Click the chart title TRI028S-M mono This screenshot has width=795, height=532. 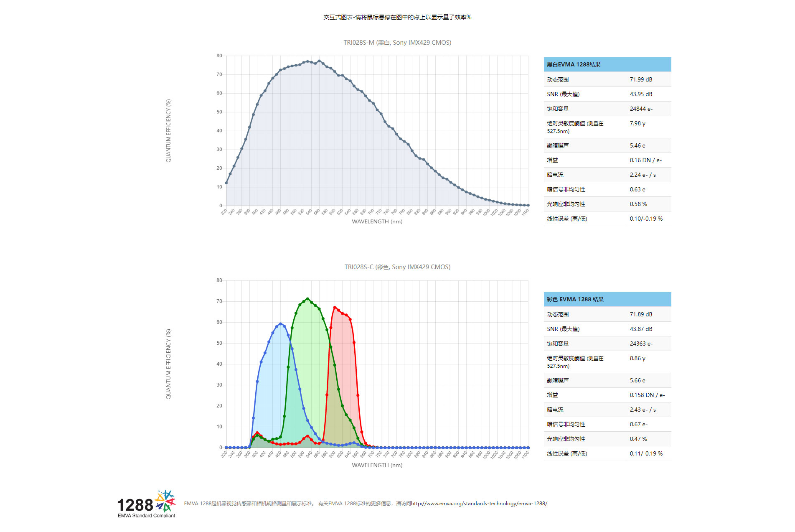[397, 43]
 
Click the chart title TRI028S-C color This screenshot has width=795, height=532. [397, 267]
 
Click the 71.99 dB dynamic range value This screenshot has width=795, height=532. [641, 79]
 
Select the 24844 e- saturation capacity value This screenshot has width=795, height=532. [641, 109]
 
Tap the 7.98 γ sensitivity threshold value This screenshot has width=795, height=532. [638, 123]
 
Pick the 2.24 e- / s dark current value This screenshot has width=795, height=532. [643, 175]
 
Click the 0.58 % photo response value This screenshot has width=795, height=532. [638, 204]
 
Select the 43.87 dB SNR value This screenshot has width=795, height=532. [641, 329]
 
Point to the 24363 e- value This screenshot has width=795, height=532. [641, 344]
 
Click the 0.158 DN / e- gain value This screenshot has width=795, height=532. [647, 395]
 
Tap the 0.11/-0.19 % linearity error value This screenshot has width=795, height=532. [646, 453]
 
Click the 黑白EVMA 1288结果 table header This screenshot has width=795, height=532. [574, 64]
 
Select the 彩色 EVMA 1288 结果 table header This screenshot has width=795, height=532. [575, 299]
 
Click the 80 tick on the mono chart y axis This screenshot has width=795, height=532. [219, 56]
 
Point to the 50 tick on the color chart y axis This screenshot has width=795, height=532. [219, 343]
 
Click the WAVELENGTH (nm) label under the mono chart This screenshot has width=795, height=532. [377, 221]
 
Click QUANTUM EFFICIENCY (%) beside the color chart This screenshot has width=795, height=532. [168, 364]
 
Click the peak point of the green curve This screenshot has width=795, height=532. [307, 299]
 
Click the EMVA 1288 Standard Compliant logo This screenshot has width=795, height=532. [146, 504]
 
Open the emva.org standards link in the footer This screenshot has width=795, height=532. [479, 504]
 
